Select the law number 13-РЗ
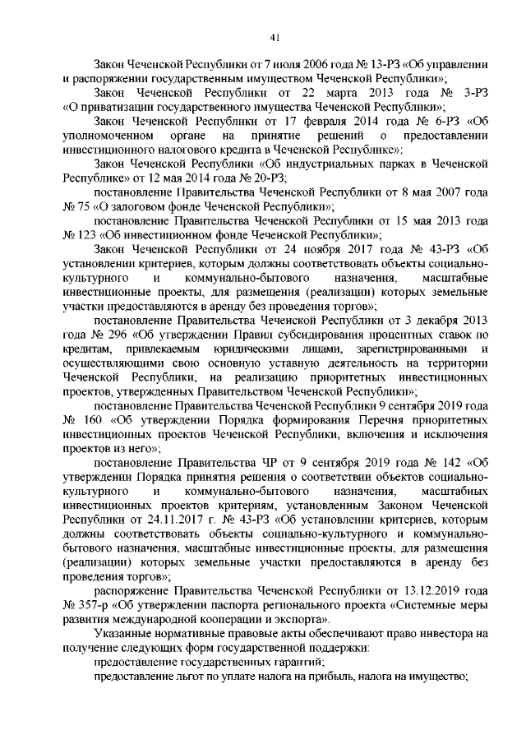tap(362, 64)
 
